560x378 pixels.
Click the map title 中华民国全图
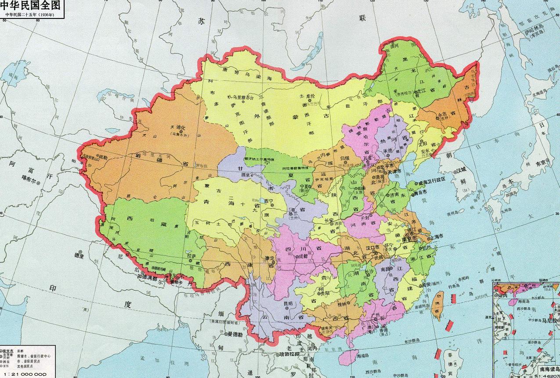click(31, 6)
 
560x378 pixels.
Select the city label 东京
click(542, 162)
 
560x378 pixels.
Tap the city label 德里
click(79, 254)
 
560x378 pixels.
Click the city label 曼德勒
click(235, 334)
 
